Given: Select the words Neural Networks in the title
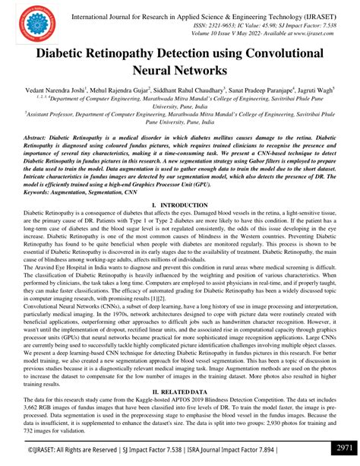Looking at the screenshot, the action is coord(179,71).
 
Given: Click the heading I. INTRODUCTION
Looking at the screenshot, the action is coord(180,205).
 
